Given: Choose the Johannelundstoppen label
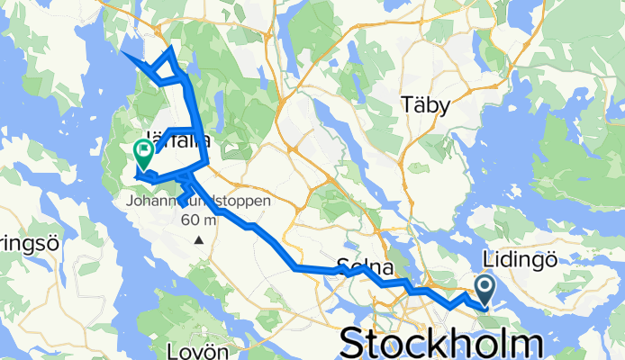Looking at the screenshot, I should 198,202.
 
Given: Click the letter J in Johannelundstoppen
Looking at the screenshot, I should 131,202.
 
